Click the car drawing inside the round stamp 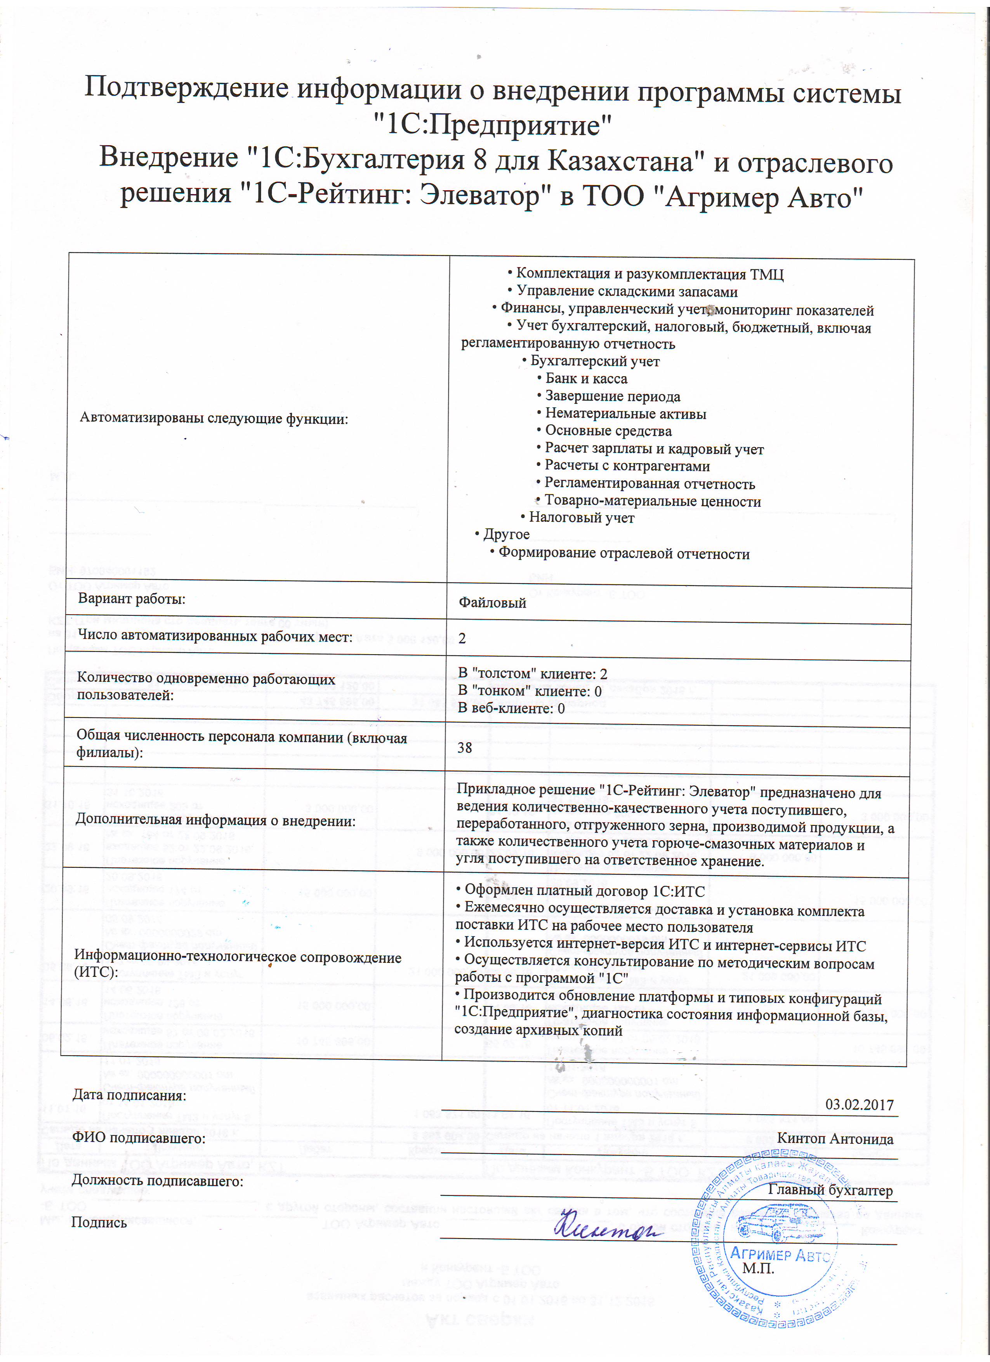[779, 1221]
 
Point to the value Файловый [492, 603]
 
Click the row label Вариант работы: [132, 599]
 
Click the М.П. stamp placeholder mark [758, 1269]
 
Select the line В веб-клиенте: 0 [511, 709]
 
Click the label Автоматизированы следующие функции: [214, 419]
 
